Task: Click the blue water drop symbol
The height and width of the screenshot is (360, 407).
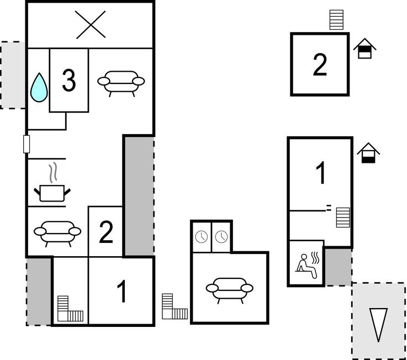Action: [x=39, y=88]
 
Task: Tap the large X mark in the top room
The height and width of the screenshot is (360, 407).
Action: [x=91, y=25]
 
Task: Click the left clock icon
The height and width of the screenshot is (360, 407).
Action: [x=202, y=237]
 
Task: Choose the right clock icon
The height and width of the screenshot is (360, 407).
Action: [x=221, y=237]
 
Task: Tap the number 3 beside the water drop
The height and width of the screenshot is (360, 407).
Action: [x=69, y=81]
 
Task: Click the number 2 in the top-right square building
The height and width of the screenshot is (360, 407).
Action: [x=320, y=65]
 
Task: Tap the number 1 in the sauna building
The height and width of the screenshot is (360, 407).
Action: [x=321, y=173]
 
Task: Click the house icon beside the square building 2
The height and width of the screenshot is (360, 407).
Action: [x=364, y=48]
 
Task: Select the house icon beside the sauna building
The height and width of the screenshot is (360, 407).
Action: [x=368, y=153]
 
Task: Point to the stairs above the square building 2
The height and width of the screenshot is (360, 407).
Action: [x=336, y=20]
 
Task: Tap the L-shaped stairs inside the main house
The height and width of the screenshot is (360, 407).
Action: [x=70, y=309]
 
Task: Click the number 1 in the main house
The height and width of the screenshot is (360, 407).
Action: [x=121, y=291]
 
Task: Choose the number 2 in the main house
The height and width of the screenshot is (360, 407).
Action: [x=106, y=232]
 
